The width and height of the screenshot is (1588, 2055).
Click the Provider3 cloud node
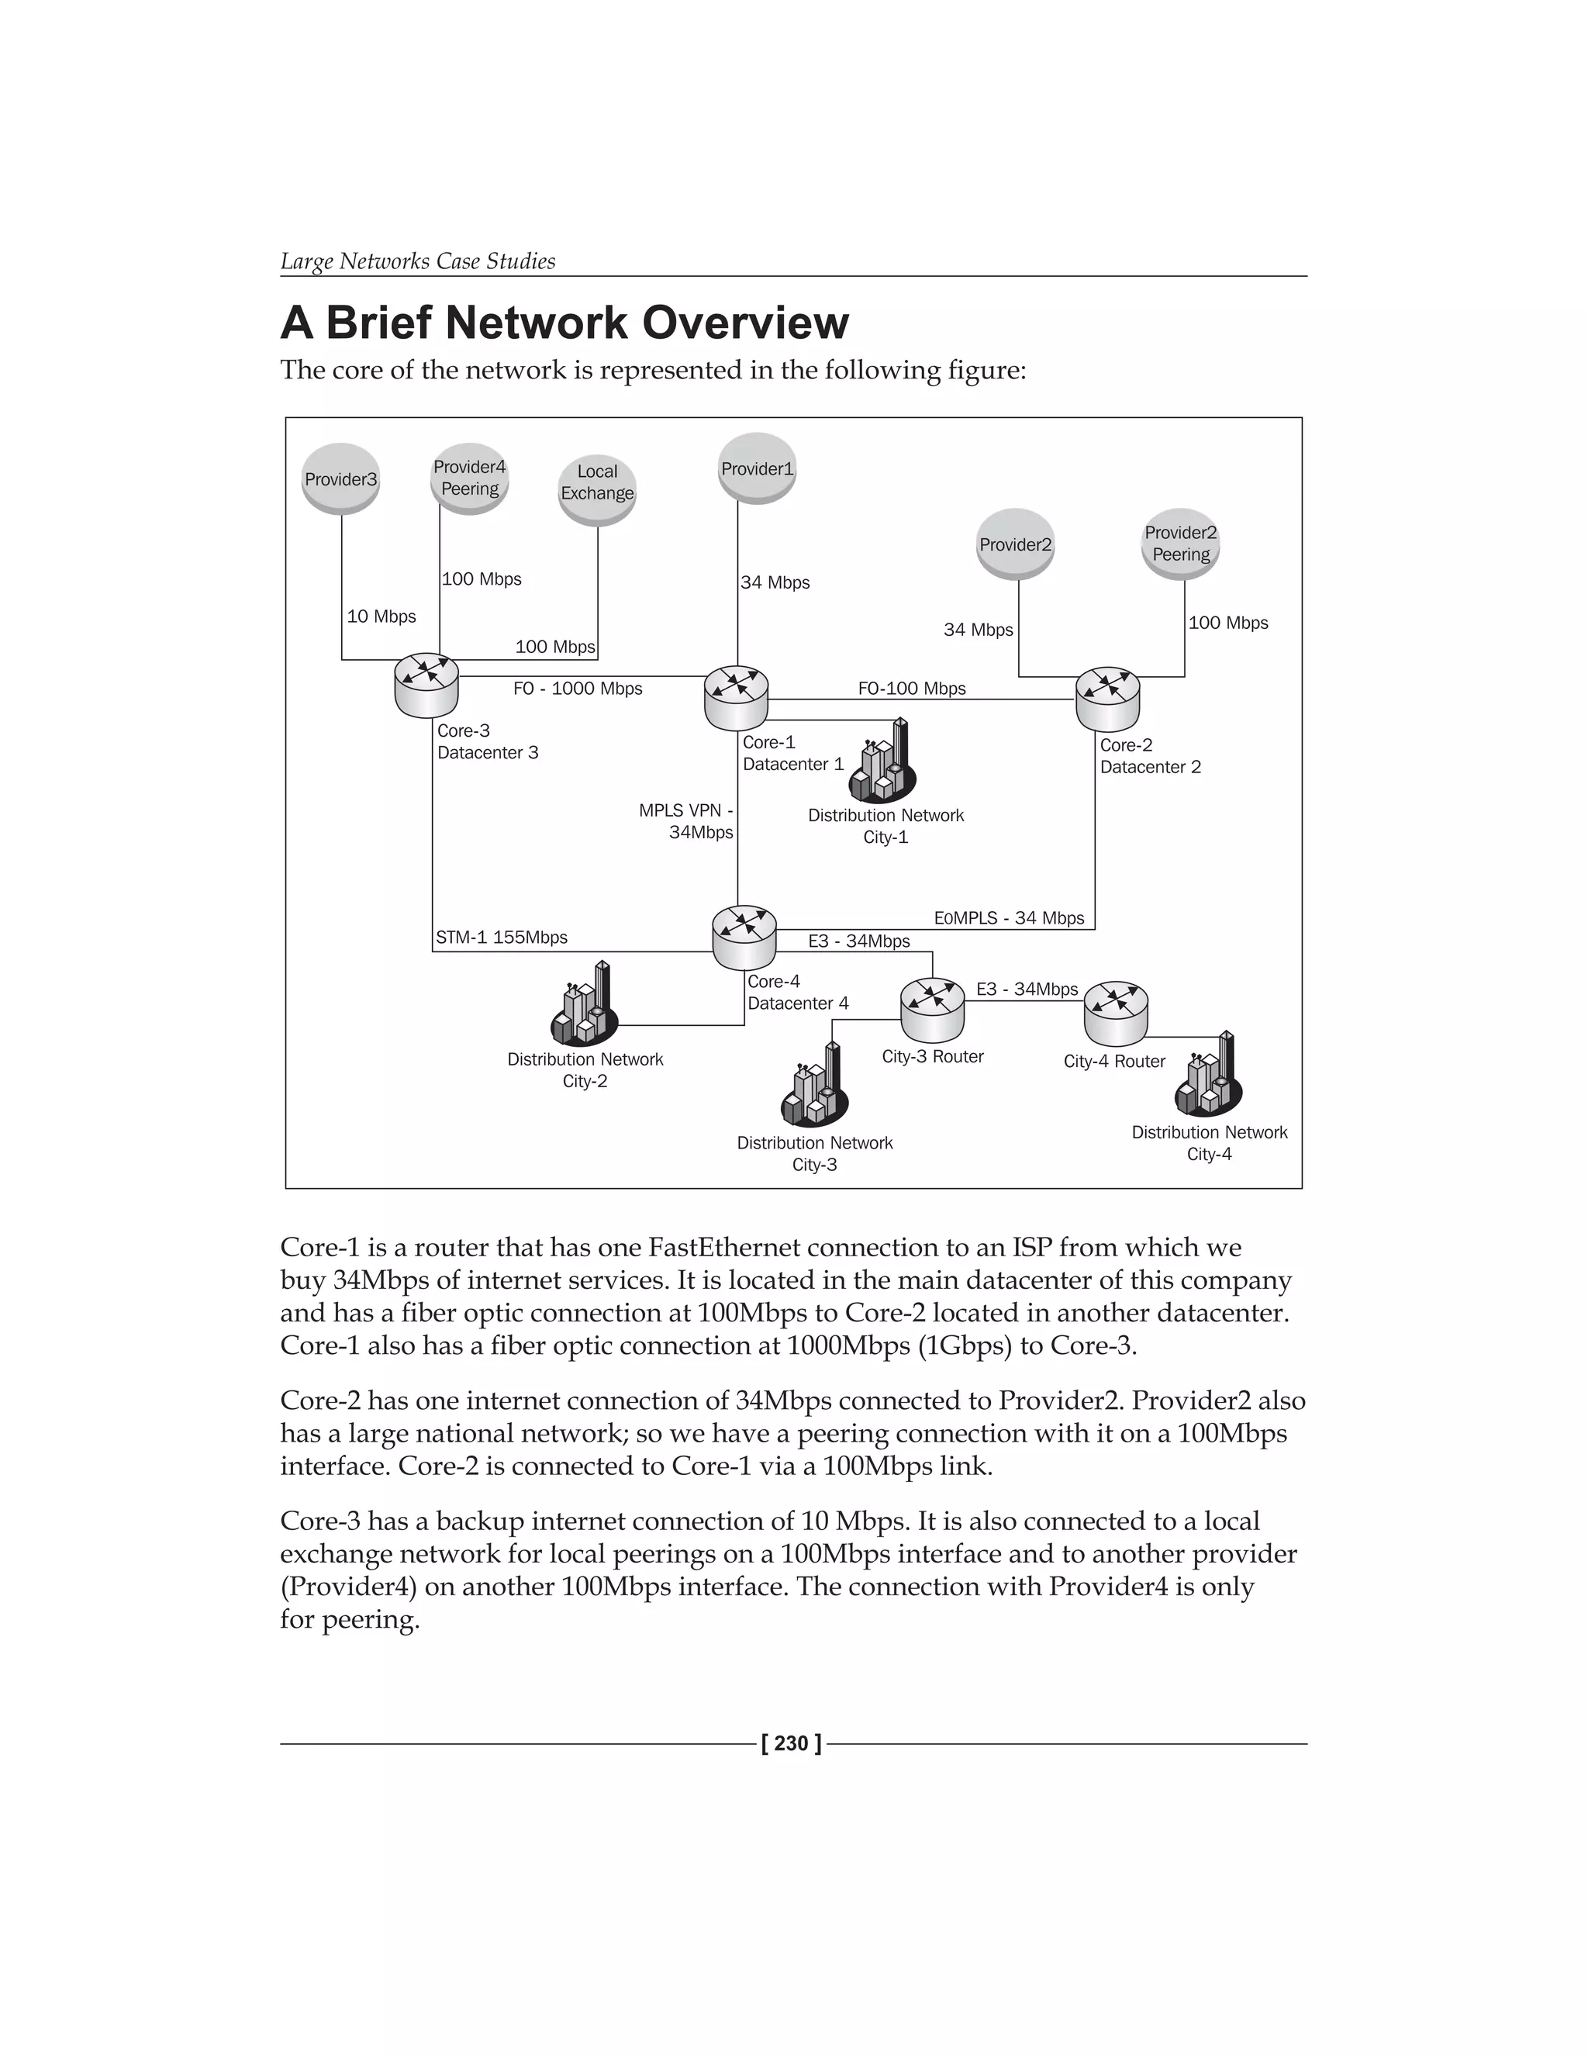point(340,479)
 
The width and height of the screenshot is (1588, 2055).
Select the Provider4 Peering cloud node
point(469,478)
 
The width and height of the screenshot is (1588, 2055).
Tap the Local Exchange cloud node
point(597,490)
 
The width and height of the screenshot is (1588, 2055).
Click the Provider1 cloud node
point(758,468)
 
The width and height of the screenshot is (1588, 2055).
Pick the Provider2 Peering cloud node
point(1181,544)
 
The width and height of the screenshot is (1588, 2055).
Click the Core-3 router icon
point(427,686)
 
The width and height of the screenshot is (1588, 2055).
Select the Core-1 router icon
point(736,698)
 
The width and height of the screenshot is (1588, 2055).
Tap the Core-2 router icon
point(1107,699)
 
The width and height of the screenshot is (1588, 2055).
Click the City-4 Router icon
point(1116,1014)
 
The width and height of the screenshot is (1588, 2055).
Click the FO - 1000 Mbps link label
point(578,689)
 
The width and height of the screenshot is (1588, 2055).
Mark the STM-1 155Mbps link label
point(502,938)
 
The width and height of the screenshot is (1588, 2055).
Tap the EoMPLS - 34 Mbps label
point(1009,917)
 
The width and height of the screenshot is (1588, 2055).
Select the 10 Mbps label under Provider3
point(381,616)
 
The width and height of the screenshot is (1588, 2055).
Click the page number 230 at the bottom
point(791,1743)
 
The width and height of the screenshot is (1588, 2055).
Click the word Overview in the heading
point(745,323)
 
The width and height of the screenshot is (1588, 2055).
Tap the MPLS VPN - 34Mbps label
point(687,821)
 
